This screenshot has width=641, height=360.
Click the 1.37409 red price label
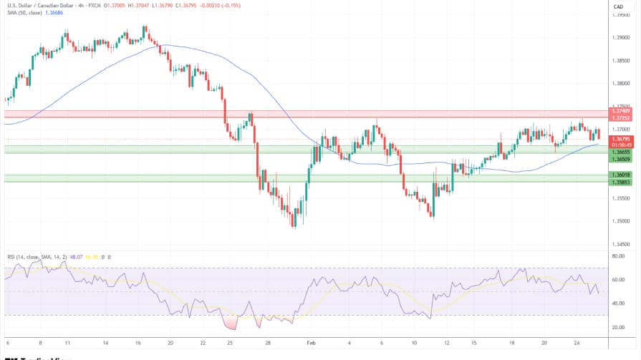point(620,111)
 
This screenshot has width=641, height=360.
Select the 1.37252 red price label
point(620,117)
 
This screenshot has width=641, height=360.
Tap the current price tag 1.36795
point(620,138)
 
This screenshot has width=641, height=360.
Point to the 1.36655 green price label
point(620,152)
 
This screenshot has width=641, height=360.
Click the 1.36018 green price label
point(620,175)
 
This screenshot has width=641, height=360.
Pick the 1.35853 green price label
point(620,182)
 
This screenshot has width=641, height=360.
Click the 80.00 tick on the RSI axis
point(618,256)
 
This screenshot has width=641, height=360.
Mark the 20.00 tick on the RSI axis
point(618,327)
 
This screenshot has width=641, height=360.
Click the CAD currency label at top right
point(618,6)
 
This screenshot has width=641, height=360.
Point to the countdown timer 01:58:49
point(620,144)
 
